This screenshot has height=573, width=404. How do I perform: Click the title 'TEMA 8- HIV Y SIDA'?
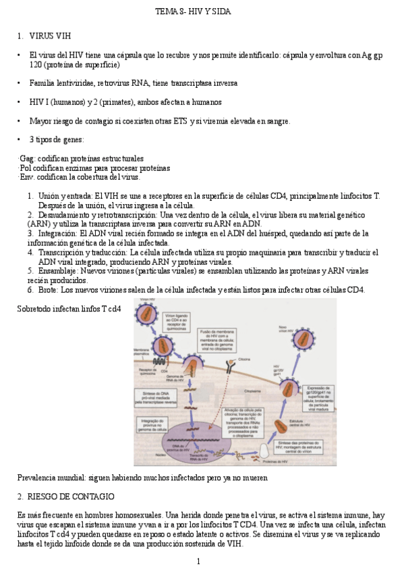click(x=202, y=12)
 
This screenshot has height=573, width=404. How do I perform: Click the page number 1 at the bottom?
click(x=198, y=562)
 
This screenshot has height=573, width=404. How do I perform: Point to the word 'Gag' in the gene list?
click(x=26, y=158)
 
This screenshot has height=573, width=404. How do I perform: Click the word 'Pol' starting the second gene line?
click(x=26, y=168)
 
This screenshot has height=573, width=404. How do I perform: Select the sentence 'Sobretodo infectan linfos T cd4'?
click(x=69, y=309)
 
